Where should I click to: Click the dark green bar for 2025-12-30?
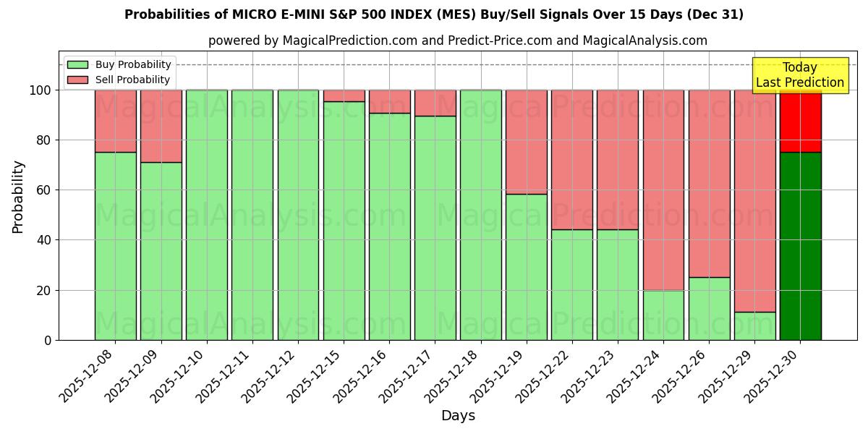[x=800, y=246]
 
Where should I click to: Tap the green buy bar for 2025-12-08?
[x=115, y=246]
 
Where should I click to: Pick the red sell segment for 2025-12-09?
[x=161, y=126]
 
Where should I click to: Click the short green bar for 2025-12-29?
[x=754, y=326]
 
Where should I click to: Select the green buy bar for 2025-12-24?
[x=663, y=315]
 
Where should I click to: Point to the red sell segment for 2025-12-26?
[x=709, y=183]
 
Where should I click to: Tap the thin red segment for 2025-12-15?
[x=344, y=95]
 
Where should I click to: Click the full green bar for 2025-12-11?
[x=252, y=215]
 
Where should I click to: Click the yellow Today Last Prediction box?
[x=799, y=75]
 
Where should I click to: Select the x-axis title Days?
[x=458, y=416]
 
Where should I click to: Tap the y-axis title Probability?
[x=18, y=197]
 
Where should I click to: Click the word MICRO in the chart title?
[x=255, y=14]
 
